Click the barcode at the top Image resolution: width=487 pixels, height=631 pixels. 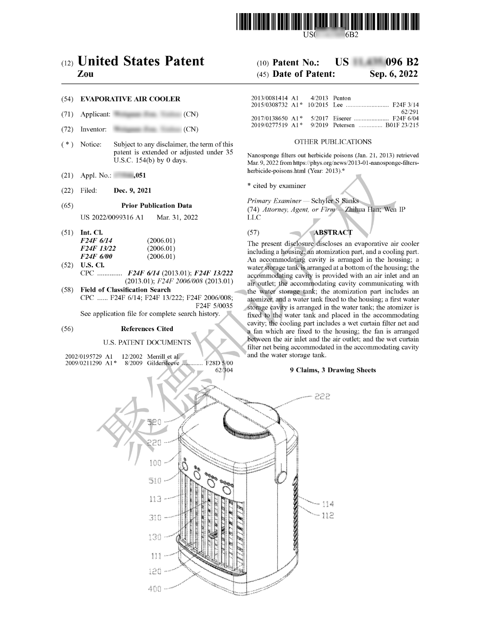pos(328,22)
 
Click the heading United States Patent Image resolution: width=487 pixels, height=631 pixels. pos(141,61)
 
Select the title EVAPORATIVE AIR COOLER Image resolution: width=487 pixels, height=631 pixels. pos(130,99)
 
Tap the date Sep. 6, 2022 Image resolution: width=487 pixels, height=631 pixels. pos(393,74)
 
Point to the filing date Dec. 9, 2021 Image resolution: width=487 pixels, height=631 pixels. pos(133,191)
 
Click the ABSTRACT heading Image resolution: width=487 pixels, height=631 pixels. pos(333,232)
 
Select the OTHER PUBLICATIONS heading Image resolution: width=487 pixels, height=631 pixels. pos(333,142)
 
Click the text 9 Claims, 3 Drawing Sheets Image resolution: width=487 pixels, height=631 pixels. pos(333,370)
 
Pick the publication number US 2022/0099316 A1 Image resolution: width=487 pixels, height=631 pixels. pos(112,217)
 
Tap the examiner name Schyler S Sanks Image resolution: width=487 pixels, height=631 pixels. pos(335,201)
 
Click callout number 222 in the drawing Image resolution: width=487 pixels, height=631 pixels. pos(322,397)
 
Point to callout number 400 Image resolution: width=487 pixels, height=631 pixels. pos(154,589)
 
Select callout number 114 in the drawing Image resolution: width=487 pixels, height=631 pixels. pos(328,504)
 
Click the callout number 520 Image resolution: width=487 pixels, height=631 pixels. pos(154,422)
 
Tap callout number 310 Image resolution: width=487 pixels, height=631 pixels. pos(155,518)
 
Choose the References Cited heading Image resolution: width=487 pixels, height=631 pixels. pos(147,329)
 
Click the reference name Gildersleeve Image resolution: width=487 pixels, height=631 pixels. pos(163,363)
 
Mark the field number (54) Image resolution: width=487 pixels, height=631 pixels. pos(67,99)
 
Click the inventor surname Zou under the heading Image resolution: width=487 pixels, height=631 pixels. pos(86,74)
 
